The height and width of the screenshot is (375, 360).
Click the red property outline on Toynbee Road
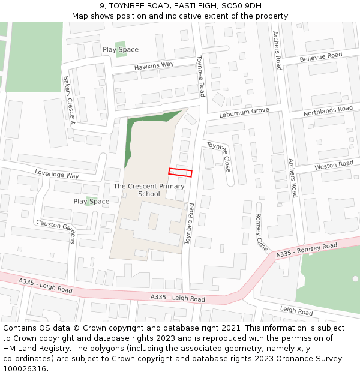pos(180,172)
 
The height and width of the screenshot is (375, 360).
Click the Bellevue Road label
pos(320,57)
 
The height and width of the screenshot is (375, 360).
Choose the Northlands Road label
pos(328,110)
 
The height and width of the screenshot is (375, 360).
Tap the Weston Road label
pos(334,164)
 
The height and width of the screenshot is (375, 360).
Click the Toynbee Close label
pos(219,156)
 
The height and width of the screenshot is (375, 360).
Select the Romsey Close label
pos(261,232)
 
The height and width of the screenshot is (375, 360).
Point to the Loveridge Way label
pos(56,175)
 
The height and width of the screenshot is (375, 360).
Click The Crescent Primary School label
pos(149,190)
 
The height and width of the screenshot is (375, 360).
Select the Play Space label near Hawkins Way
pos(120,50)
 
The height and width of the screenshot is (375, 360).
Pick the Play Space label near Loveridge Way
pos(91,202)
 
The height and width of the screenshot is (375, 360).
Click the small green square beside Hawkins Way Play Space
pos(121,49)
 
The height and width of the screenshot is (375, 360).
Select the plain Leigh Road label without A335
pos(296,311)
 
